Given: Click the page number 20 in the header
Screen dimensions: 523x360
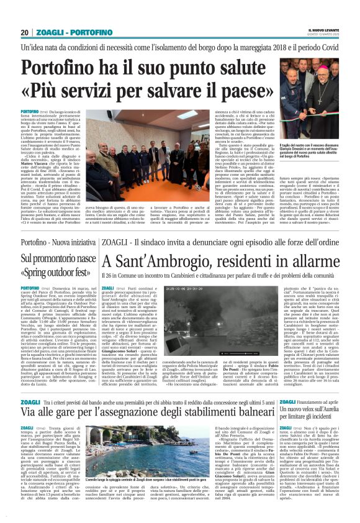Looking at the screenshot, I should [24, 32].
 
